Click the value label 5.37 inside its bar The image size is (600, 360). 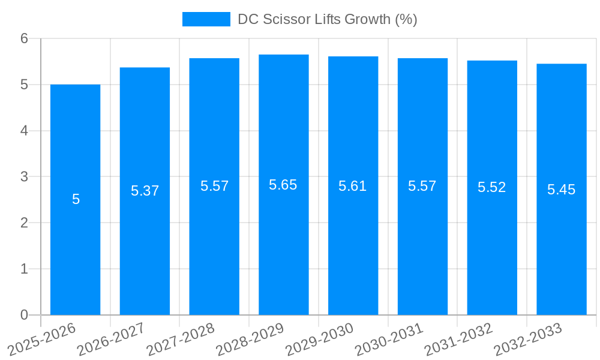(145, 191)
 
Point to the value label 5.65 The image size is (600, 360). (283, 185)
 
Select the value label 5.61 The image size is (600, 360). (353, 186)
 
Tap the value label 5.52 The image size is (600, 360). (492, 187)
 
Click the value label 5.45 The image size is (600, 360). (562, 190)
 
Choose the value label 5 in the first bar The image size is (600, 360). (76, 199)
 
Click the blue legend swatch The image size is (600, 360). (206, 19)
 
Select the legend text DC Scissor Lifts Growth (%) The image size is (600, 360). (327, 19)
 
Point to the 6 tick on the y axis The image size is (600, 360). (25, 38)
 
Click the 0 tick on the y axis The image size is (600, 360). (25, 315)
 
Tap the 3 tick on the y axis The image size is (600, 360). (25, 177)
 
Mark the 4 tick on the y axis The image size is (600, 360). (25, 131)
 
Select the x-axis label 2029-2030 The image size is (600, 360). (320, 339)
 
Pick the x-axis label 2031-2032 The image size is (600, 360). (459, 339)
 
